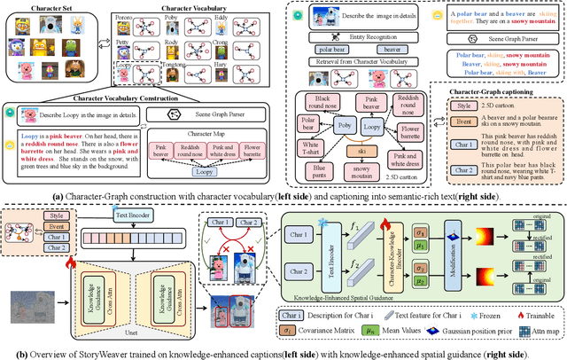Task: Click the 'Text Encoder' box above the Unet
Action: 129,213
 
